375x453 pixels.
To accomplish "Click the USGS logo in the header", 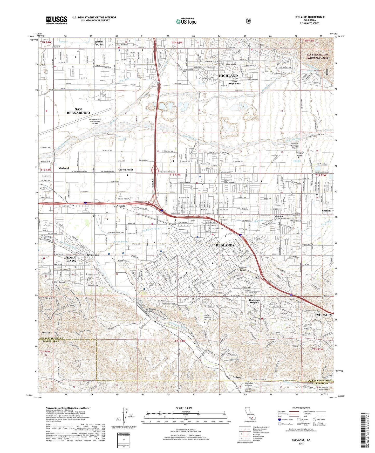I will pyautogui.click(x=57, y=20).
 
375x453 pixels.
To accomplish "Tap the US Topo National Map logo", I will pyautogui.click(x=186, y=21).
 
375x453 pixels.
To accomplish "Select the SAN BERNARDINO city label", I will pyautogui.click(x=78, y=111).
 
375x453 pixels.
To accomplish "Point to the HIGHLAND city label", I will pyautogui.click(x=228, y=76).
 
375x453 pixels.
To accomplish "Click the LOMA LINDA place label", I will pyautogui.click(x=71, y=259).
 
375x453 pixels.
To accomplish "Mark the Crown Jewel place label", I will pyautogui.click(x=126, y=170).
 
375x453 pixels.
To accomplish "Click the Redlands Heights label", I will pyautogui.click(x=254, y=301).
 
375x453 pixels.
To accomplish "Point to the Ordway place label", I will pyautogui.click(x=237, y=377).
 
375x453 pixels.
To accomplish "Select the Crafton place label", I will pyautogui.click(x=326, y=211).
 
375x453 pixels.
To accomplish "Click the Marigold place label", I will pyautogui.click(x=64, y=168).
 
